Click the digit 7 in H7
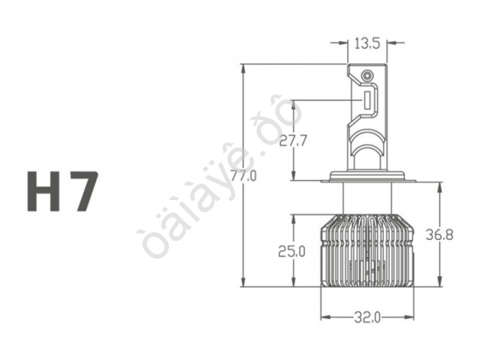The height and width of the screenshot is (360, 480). [83, 191]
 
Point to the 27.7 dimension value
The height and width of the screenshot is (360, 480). [294, 142]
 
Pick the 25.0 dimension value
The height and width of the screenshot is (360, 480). [292, 251]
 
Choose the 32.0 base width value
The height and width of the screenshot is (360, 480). [366, 316]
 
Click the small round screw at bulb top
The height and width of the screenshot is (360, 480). [367, 76]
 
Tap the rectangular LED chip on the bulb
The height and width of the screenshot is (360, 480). [366, 102]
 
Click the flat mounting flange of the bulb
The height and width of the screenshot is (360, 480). [366, 177]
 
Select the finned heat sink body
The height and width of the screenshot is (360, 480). [366, 250]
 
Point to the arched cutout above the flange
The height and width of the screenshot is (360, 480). [366, 156]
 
